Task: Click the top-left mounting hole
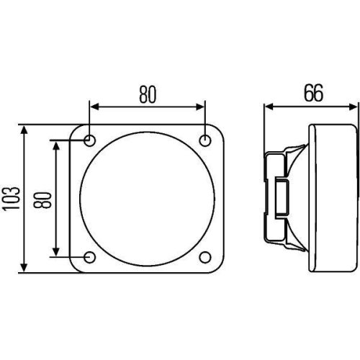[x=90, y=140]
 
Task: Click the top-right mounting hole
[x=205, y=140]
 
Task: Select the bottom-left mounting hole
[x=90, y=257]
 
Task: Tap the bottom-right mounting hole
[x=205, y=257]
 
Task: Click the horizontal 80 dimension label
[x=148, y=94]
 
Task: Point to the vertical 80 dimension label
[x=42, y=200]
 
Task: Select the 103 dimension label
[x=11, y=199]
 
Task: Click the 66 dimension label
[x=313, y=93]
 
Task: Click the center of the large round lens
[x=148, y=199]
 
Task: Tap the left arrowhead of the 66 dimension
[x=269, y=107]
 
